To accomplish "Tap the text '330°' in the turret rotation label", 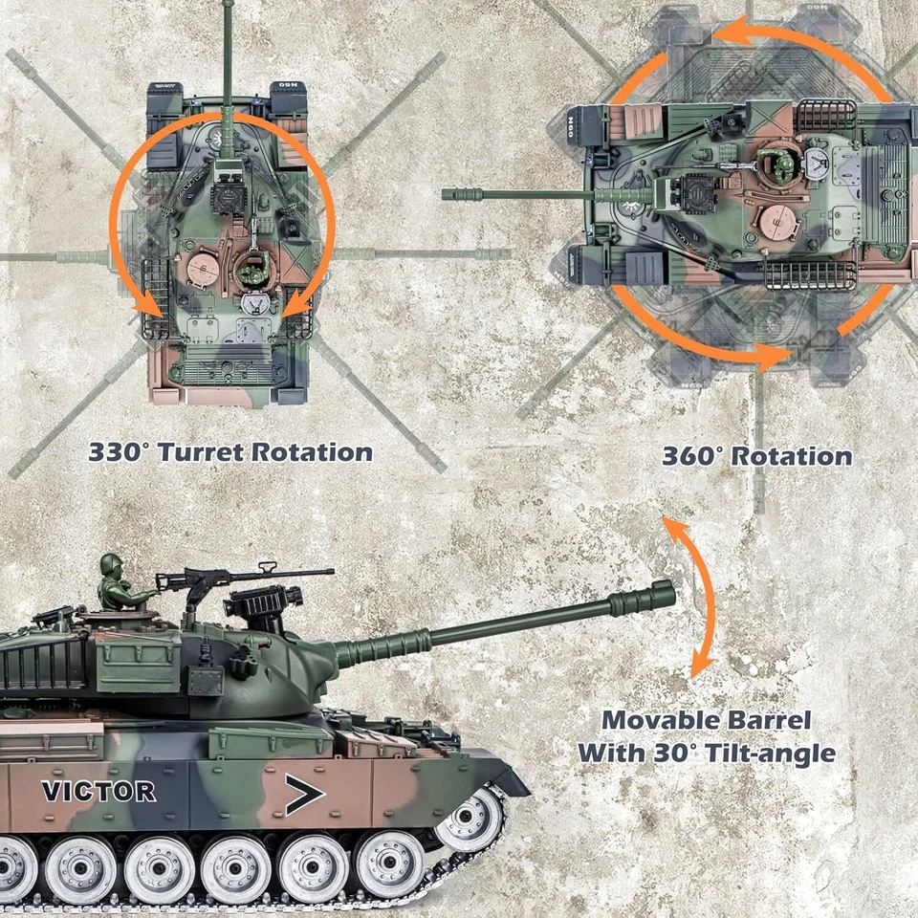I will (120, 452).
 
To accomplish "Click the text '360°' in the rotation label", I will (693, 456).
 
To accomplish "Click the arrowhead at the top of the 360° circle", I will (724, 33).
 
